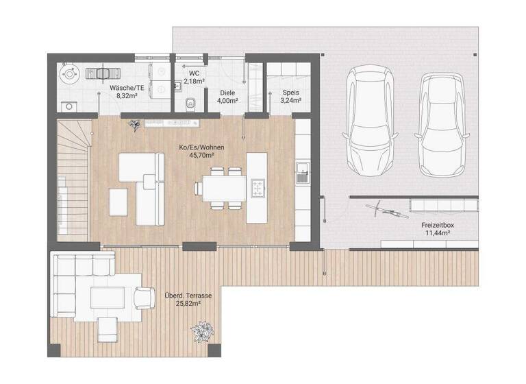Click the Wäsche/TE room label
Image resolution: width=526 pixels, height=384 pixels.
pos(126,88)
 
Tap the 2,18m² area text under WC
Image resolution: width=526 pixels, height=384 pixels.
pos(189,81)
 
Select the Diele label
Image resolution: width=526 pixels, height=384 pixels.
pos(227,92)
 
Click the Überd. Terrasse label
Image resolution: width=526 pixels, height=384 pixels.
pos(187,296)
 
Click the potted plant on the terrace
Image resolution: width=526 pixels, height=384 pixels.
pos(202,335)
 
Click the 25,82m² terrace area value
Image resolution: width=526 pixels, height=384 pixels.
pos(187,304)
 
